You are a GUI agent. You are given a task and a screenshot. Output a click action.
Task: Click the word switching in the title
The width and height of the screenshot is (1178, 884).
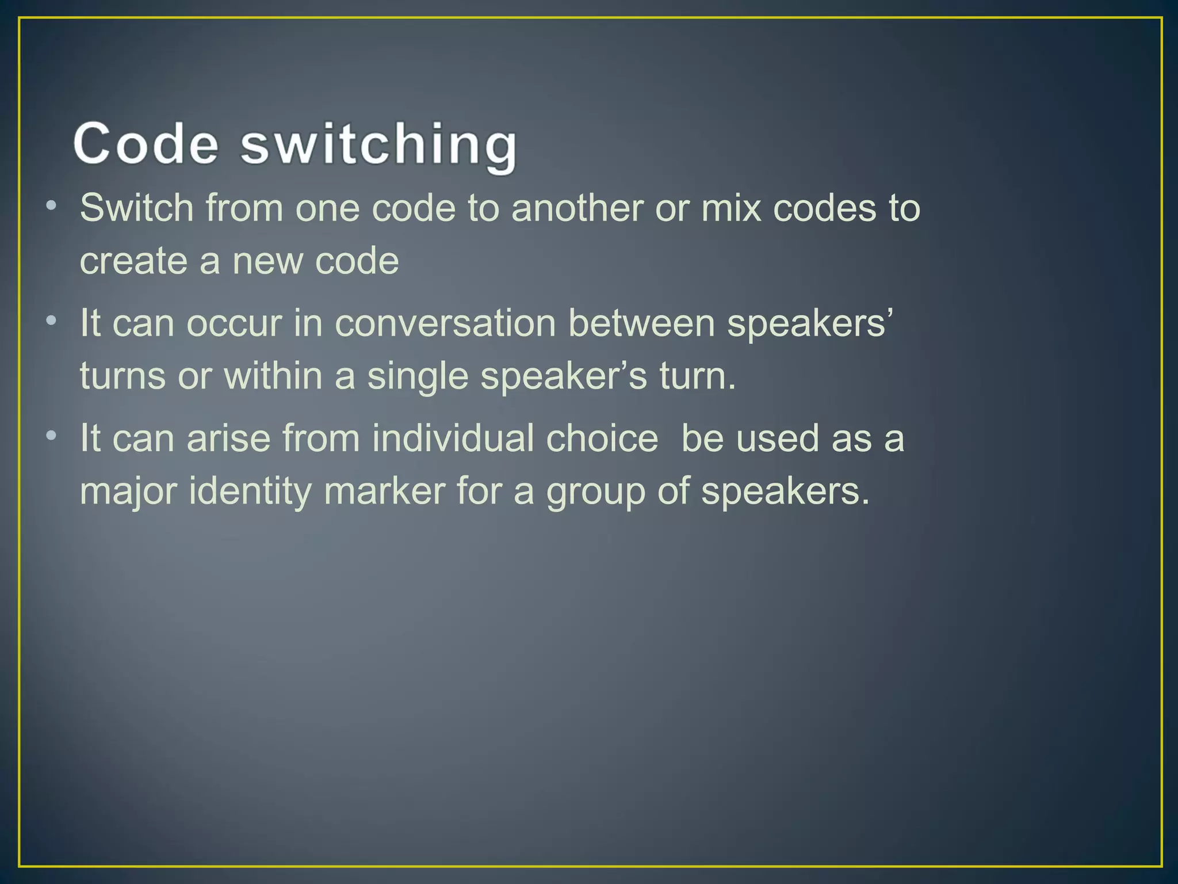click(x=378, y=145)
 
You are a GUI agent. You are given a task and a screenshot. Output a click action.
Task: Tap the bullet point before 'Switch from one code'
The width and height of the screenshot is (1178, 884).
click(x=52, y=204)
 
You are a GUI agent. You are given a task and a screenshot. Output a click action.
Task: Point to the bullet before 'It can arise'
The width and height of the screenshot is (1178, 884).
click(x=52, y=435)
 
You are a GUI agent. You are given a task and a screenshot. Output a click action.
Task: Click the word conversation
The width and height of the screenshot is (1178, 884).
click(x=445, y=323)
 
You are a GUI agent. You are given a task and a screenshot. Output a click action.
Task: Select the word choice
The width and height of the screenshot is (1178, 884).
click(x=602, y=438)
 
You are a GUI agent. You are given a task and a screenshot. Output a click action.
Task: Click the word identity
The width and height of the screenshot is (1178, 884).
click(x=250, y=493)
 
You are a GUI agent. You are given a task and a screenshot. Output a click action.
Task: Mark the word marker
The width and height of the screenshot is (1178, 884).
click(x=384, y=491)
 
